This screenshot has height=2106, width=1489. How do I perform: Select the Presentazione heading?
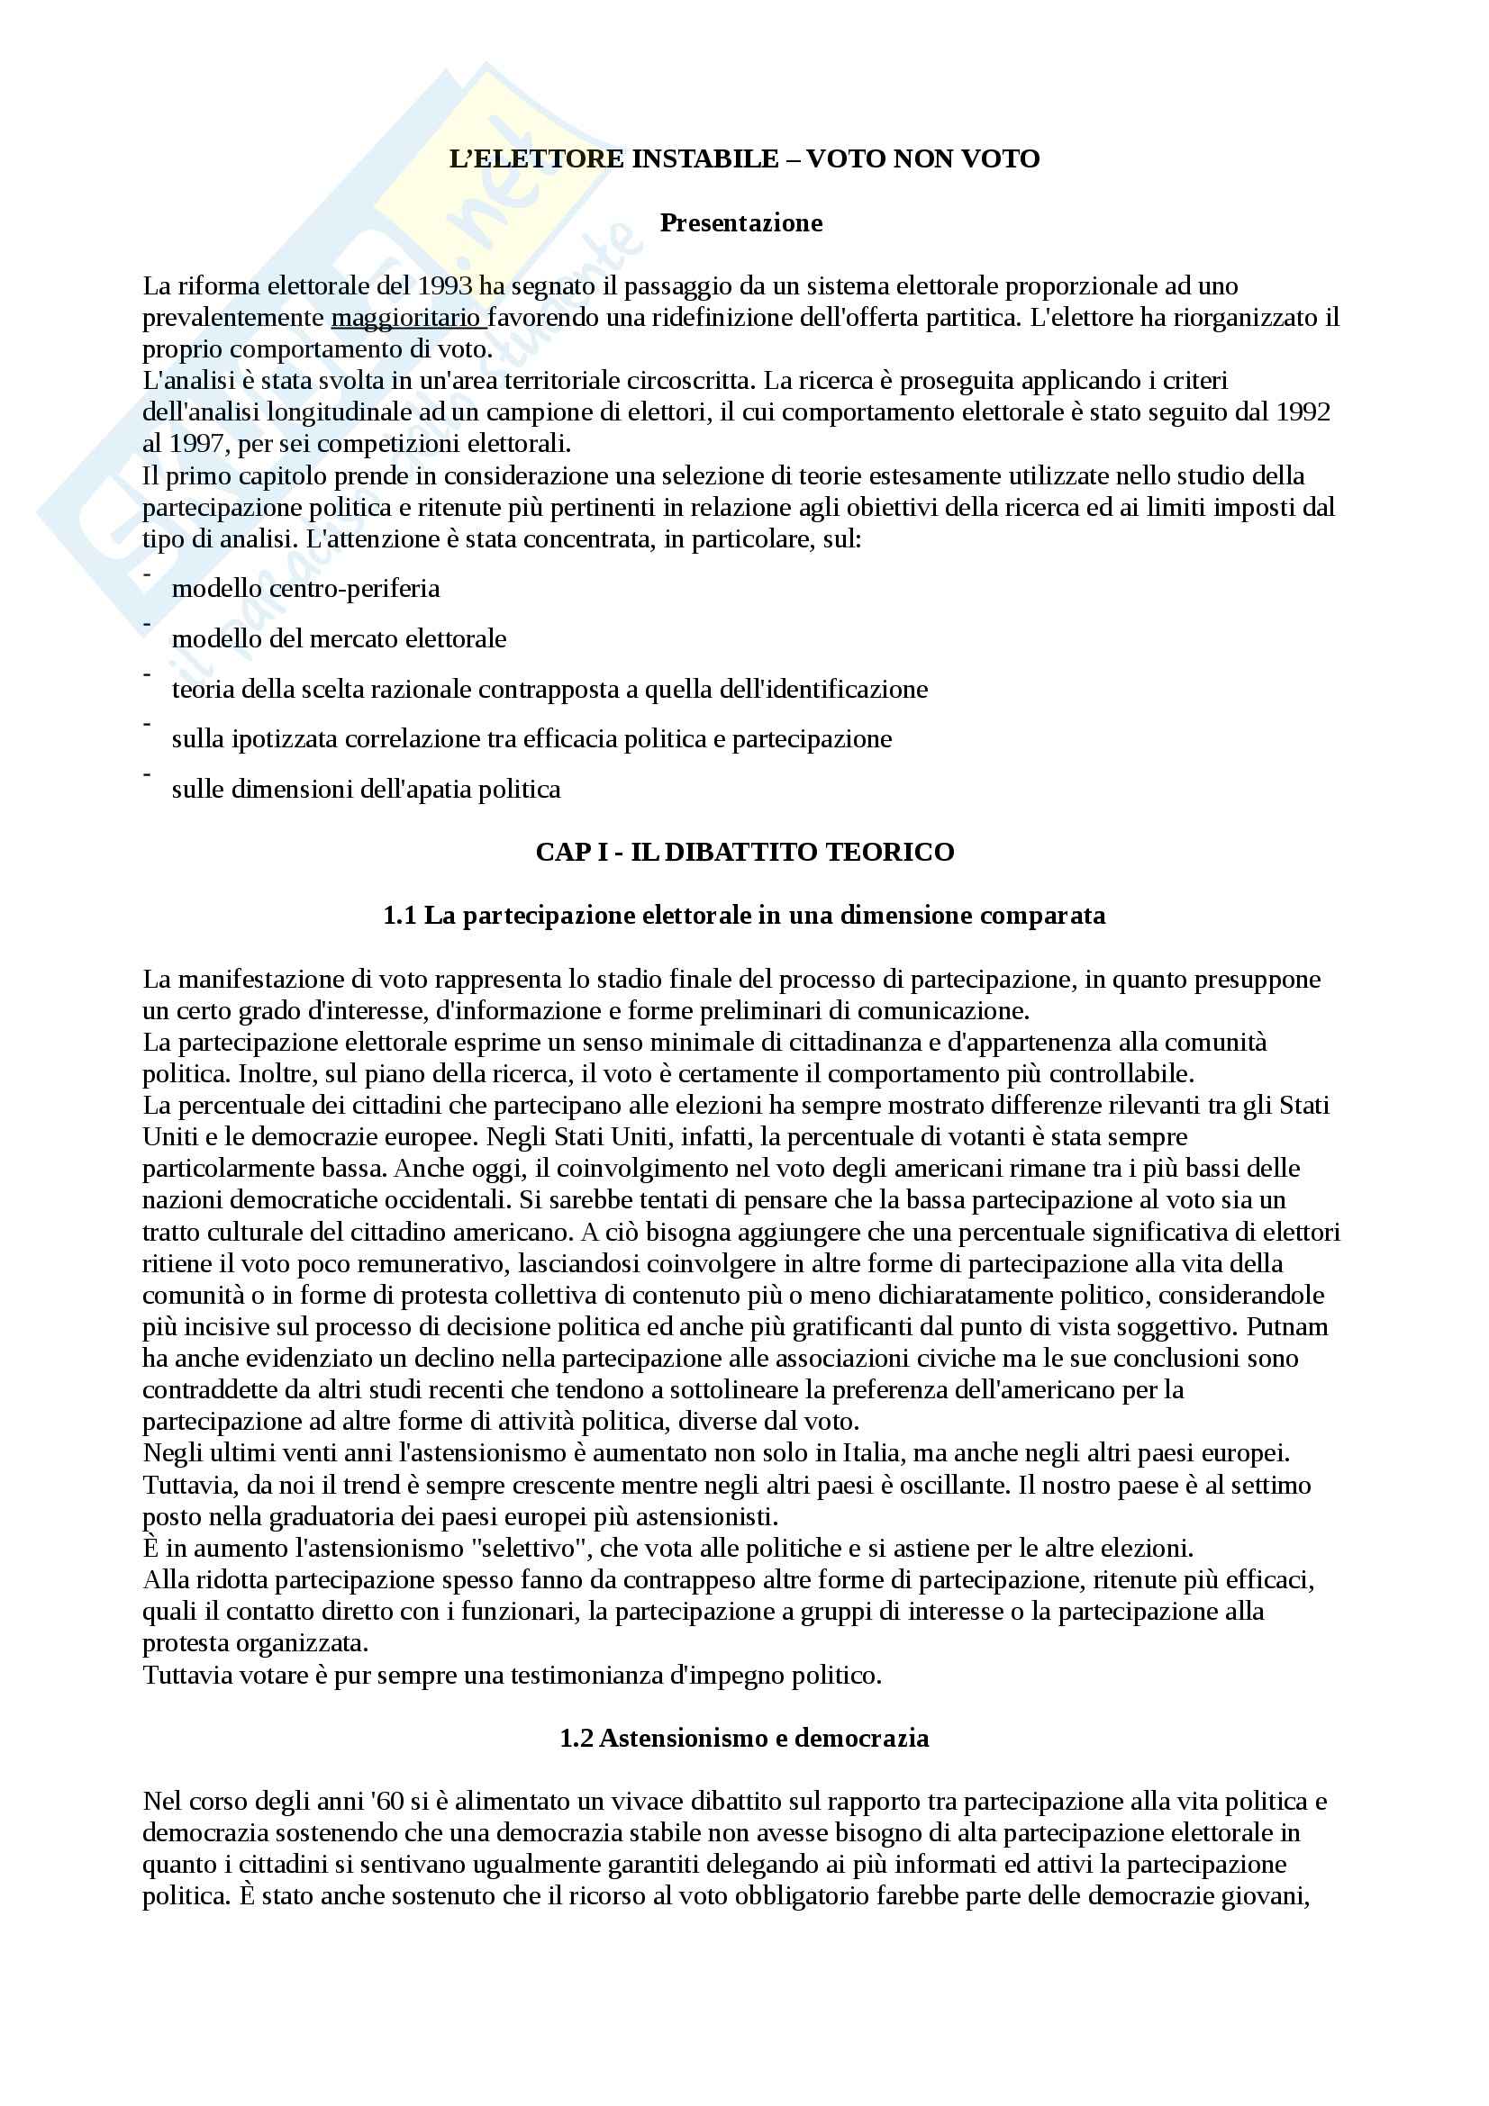[741, 223]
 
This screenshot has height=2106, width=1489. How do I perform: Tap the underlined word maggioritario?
[406, 318]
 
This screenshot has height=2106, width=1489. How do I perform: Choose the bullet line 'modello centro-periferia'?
[305, 588]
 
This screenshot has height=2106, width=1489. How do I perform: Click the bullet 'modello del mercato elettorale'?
[339, 638]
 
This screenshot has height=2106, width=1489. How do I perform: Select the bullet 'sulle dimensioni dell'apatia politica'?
[365, 789]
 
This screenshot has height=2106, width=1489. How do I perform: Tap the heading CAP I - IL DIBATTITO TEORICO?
[744, 852]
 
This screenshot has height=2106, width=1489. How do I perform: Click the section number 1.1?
[400, 916]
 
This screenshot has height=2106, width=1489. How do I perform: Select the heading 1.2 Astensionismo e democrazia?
[744, 1738]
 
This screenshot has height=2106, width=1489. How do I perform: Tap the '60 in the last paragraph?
[388, 1802]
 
